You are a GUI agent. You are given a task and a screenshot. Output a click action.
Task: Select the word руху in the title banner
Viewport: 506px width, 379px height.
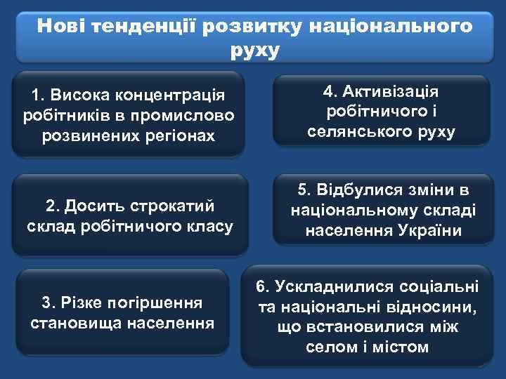(x=254, y=51)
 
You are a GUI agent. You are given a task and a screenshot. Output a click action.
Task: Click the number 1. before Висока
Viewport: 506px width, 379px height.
(x=38, y=94)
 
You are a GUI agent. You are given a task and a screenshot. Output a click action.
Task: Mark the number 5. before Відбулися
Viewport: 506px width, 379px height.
(x=304, y=190)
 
